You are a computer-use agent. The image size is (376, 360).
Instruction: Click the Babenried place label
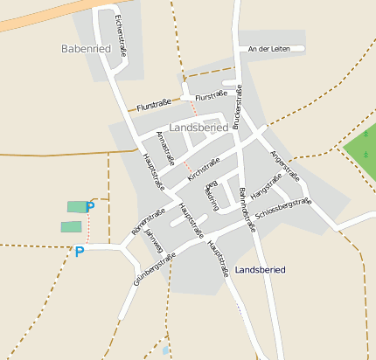point(86,49)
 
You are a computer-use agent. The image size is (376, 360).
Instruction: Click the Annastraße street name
point(165,149)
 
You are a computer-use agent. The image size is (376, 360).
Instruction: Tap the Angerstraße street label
point(285,166)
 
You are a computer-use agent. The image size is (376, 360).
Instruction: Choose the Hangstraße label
point(267,187)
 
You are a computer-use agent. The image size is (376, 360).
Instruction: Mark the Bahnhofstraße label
point(247,209)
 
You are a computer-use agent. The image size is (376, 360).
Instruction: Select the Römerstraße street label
point(148,222)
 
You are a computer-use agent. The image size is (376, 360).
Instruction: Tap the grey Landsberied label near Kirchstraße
point(199,127)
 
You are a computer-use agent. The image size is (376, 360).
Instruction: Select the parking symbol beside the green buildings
point(90,208)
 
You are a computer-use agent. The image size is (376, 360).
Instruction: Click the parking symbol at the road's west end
point(80,252)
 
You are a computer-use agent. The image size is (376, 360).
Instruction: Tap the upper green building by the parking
point(77,206)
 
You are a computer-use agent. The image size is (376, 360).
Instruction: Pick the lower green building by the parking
point(71,226)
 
